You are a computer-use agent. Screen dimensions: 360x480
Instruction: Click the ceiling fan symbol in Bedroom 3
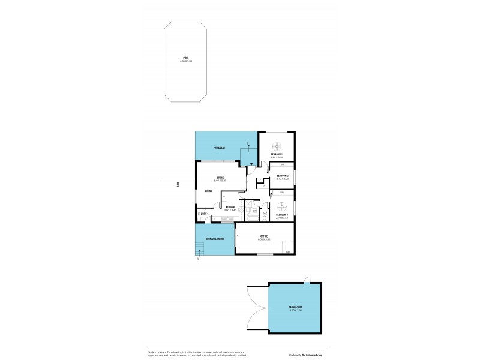281,204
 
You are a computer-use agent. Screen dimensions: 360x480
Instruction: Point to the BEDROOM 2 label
283,175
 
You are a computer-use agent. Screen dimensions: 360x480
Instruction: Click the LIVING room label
221,178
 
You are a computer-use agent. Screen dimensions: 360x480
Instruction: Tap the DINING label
208,191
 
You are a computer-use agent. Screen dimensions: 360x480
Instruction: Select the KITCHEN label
229,208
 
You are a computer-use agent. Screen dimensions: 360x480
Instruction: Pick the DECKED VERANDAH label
214,239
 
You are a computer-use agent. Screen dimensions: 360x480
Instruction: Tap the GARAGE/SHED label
295,307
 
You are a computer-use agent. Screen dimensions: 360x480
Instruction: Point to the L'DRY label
203,214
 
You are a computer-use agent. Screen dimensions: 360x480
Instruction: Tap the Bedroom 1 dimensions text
277,158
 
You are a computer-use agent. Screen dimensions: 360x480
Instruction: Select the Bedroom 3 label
282,214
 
